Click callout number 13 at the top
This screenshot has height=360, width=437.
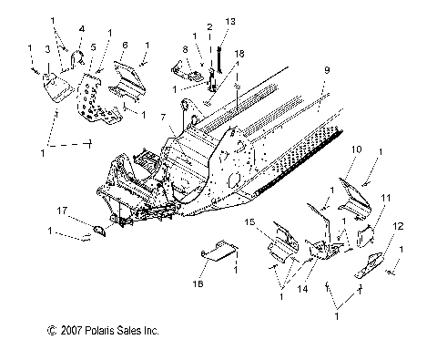click(x=229, y=20)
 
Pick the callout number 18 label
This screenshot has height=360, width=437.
click(x=240, y=56)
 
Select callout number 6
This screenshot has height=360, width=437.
click(x=124, y=45)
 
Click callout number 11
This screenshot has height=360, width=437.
click(x=386, y=197)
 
